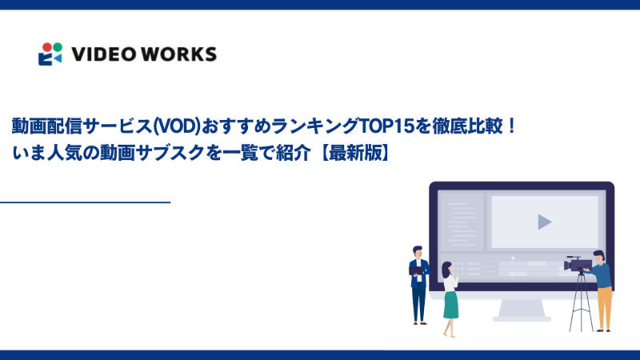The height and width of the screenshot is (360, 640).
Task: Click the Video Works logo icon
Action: point(50,54)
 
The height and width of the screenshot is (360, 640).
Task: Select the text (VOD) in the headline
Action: point(174,126)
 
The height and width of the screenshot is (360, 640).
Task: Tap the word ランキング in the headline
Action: point(313,126)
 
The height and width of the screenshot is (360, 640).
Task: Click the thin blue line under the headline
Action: point(85,202)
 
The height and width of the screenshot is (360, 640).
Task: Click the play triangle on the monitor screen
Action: point(544,222)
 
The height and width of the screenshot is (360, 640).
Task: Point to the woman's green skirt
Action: point(451,303)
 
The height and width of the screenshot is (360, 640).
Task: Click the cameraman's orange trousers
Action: point(604,304)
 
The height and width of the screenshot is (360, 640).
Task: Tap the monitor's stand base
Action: point(522,317)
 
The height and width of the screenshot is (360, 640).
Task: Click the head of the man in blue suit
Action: point(416,251)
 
